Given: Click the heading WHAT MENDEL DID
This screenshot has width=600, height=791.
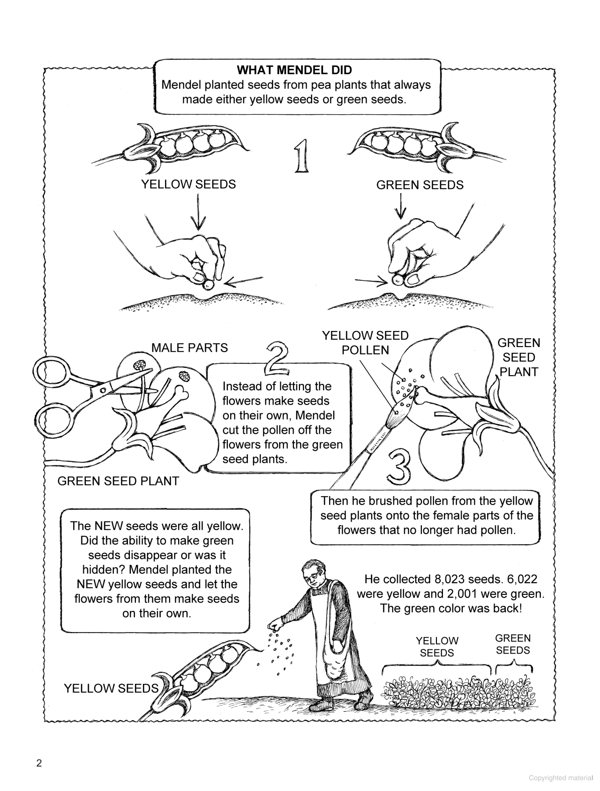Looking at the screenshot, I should tap(294, 70).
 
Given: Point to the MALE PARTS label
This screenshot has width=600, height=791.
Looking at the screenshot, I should tap(189, 347).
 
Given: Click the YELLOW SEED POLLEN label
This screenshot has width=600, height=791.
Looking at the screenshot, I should tap(365, 343).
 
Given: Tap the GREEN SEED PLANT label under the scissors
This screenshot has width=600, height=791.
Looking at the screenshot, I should tap(118, 481).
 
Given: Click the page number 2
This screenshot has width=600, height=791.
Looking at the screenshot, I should tap(39, 763).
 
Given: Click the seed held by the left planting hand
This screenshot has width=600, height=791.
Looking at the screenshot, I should tap(208, 284).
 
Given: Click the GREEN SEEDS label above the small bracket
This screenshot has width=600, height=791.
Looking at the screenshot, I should tap(513, 644).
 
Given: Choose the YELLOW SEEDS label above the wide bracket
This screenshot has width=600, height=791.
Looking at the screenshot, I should tap(437, 647).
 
